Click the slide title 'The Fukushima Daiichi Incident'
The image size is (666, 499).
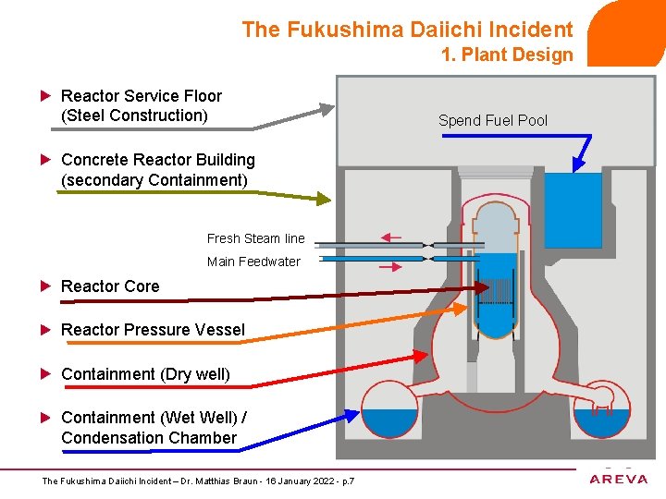tap(407, 30)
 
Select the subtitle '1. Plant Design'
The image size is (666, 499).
tap(507, 55)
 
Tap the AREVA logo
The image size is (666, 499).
tap(619, 478)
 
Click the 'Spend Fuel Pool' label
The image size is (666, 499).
tap(492, 120)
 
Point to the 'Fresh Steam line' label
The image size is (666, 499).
tap(255, 238)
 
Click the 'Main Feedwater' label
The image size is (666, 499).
tap(253, 262)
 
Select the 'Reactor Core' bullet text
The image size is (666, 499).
tap(110, 286)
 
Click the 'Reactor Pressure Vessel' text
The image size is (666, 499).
tap(153, 330)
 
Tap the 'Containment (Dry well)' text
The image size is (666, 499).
tap(145, 374)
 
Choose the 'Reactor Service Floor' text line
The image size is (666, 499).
tap(141, 96)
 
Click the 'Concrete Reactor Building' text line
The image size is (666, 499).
tap(157, 160)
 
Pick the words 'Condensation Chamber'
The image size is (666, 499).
tap(149, 438)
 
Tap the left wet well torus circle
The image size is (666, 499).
tap(389, 410)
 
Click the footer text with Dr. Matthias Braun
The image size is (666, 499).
tap(199, 481)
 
